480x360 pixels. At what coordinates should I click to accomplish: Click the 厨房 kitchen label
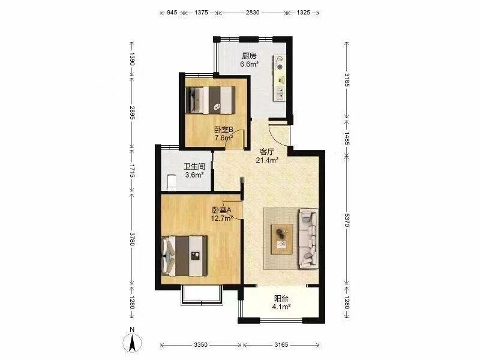point(249,56)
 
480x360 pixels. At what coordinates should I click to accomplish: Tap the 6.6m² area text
point(250,64)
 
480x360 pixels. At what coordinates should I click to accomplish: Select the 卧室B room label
point(223,130)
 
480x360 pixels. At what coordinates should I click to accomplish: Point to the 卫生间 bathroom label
point(194,167)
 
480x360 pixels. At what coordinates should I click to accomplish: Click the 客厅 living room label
point(267,152)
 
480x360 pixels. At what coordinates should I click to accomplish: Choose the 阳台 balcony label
point(281,298)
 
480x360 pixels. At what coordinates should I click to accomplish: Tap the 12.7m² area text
point(222,218)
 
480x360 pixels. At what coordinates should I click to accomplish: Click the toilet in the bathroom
point(171,182)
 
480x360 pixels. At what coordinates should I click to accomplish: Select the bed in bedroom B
point(211,100)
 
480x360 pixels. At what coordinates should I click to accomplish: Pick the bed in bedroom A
point(185,256)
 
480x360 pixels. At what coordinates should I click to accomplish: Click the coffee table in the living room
point(281,239)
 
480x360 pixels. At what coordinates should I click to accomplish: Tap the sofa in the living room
point(308,239)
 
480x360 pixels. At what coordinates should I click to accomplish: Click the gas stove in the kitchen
point(280,62)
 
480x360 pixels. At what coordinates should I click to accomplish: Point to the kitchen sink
point(280,94)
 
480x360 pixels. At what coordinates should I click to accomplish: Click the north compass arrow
point(132,343)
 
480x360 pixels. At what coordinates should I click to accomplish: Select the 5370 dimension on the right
point(347,220)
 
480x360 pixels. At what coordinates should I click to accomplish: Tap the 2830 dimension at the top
point(253,13)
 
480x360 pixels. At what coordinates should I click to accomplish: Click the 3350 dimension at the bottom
point(200,344)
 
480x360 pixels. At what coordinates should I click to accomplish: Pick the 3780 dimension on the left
point(132,239)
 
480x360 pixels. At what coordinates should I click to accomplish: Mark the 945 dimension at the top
point(172,13)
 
